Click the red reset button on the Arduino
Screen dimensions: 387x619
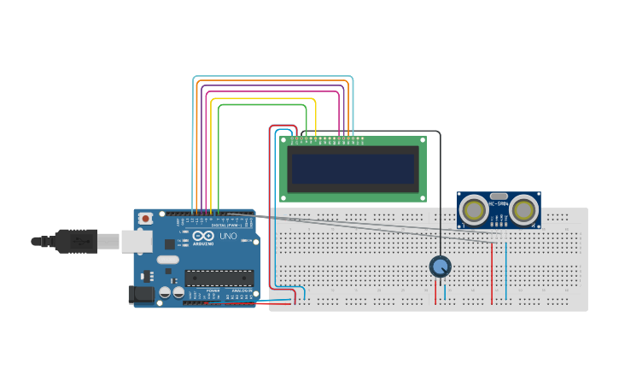(x=145, y=218)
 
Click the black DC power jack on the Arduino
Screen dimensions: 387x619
(x=141, y=295)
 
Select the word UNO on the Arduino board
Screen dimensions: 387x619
(x=228, y=236)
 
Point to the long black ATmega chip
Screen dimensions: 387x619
(x=219, y=278)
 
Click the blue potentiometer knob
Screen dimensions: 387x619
(x=440, y=267)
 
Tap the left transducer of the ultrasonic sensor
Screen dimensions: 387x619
(x=472, y=209)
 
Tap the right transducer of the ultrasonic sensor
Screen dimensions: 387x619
(x=524, y=209)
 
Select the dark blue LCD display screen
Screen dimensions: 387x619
(x=353, y=169)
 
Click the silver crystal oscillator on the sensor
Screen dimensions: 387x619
(x=499, y=197)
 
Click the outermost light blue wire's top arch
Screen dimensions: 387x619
(x=273, y=77)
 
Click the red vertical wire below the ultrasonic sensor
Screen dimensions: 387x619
(x=492, y=273)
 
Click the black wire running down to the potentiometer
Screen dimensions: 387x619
(x=440, y=196)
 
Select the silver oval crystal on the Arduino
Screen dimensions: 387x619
(x=168, y=259)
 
